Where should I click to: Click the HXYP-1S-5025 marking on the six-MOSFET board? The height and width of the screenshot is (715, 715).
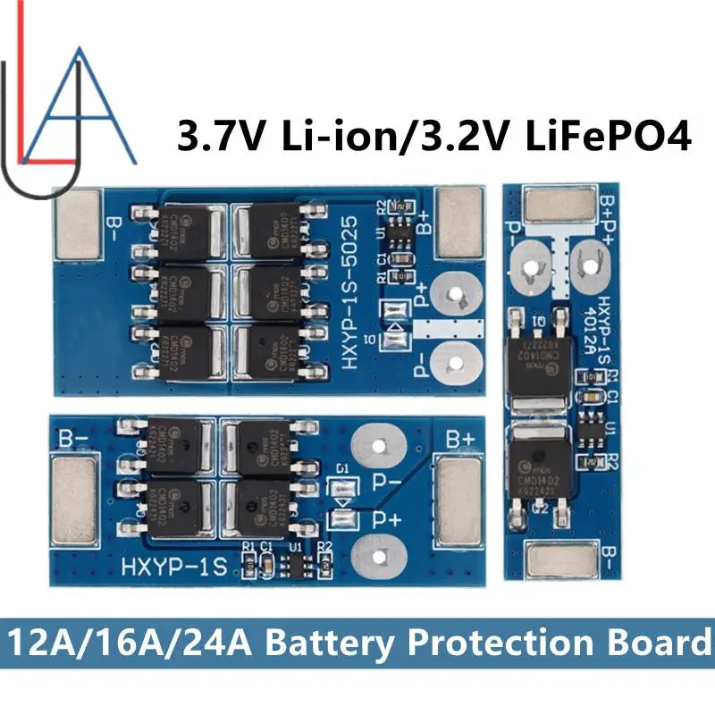(x=353, y=286)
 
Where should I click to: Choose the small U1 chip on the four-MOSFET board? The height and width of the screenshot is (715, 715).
(x=296, y=565)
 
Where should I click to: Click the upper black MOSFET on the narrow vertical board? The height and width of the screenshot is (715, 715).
(x=537, y=362)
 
